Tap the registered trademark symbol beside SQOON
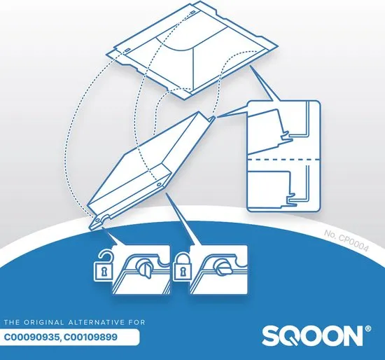click(368, 328)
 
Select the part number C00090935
click(31, 337)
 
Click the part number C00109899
click(91, 337)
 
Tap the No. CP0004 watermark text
click(346, 240)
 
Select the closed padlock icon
click(182, 268)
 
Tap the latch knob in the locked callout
click(222, 268)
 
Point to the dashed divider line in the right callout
click(283, 160)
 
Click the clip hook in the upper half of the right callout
click(286, 137)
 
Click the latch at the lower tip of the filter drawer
click(100, 220)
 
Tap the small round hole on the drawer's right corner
click(159, 184)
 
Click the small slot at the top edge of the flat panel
click(193, 12)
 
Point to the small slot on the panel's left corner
click(127, 50)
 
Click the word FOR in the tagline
click(137, 322)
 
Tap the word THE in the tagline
click(11, 322)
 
